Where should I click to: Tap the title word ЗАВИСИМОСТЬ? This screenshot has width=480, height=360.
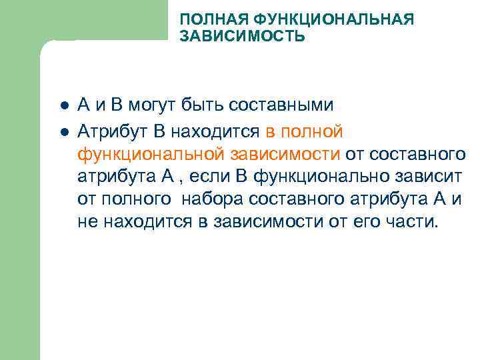[x=242, y=36]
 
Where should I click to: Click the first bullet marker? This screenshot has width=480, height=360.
[x=61, y=106]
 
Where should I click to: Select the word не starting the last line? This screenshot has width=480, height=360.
[x=87, y=223]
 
